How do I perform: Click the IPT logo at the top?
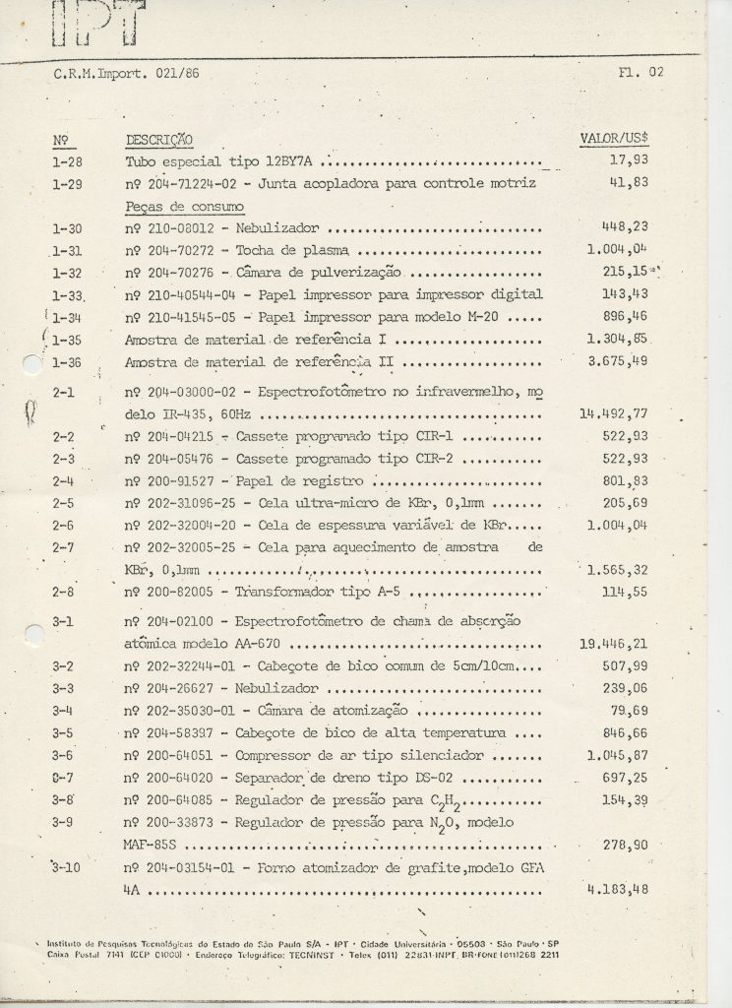coord(97,25)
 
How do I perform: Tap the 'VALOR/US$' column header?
coord(620,139)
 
